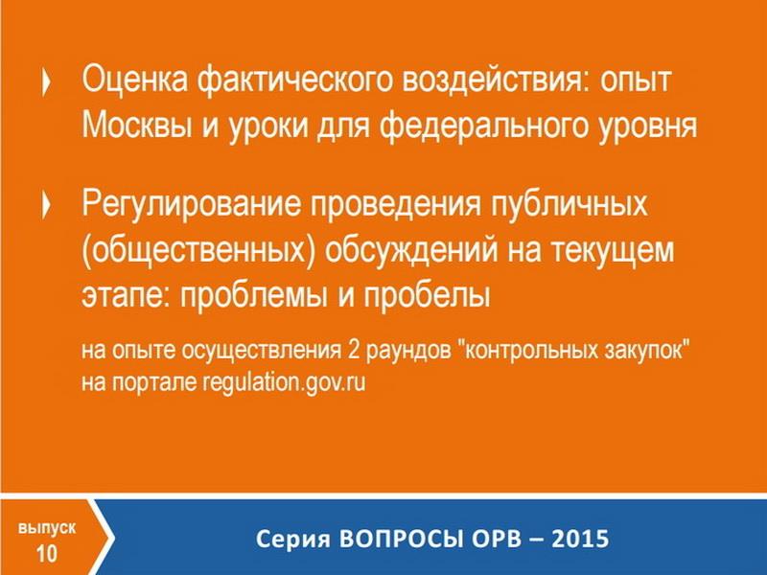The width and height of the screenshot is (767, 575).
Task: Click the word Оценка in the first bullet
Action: click(x=134, y=80)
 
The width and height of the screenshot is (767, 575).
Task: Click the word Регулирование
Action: click(x=191, y=204)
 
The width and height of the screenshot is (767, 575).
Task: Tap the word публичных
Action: click(x=569, y=204)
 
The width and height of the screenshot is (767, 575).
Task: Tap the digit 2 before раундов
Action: click(x=354, y=350)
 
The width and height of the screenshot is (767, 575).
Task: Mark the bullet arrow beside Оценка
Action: click(x=46, y=81)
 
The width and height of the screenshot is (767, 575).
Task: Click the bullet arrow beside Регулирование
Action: click(x=46, y=206)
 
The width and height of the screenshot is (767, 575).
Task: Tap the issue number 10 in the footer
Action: click(x=47, y=554)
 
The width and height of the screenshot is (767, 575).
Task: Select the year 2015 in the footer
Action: click(x=580, y=539)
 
